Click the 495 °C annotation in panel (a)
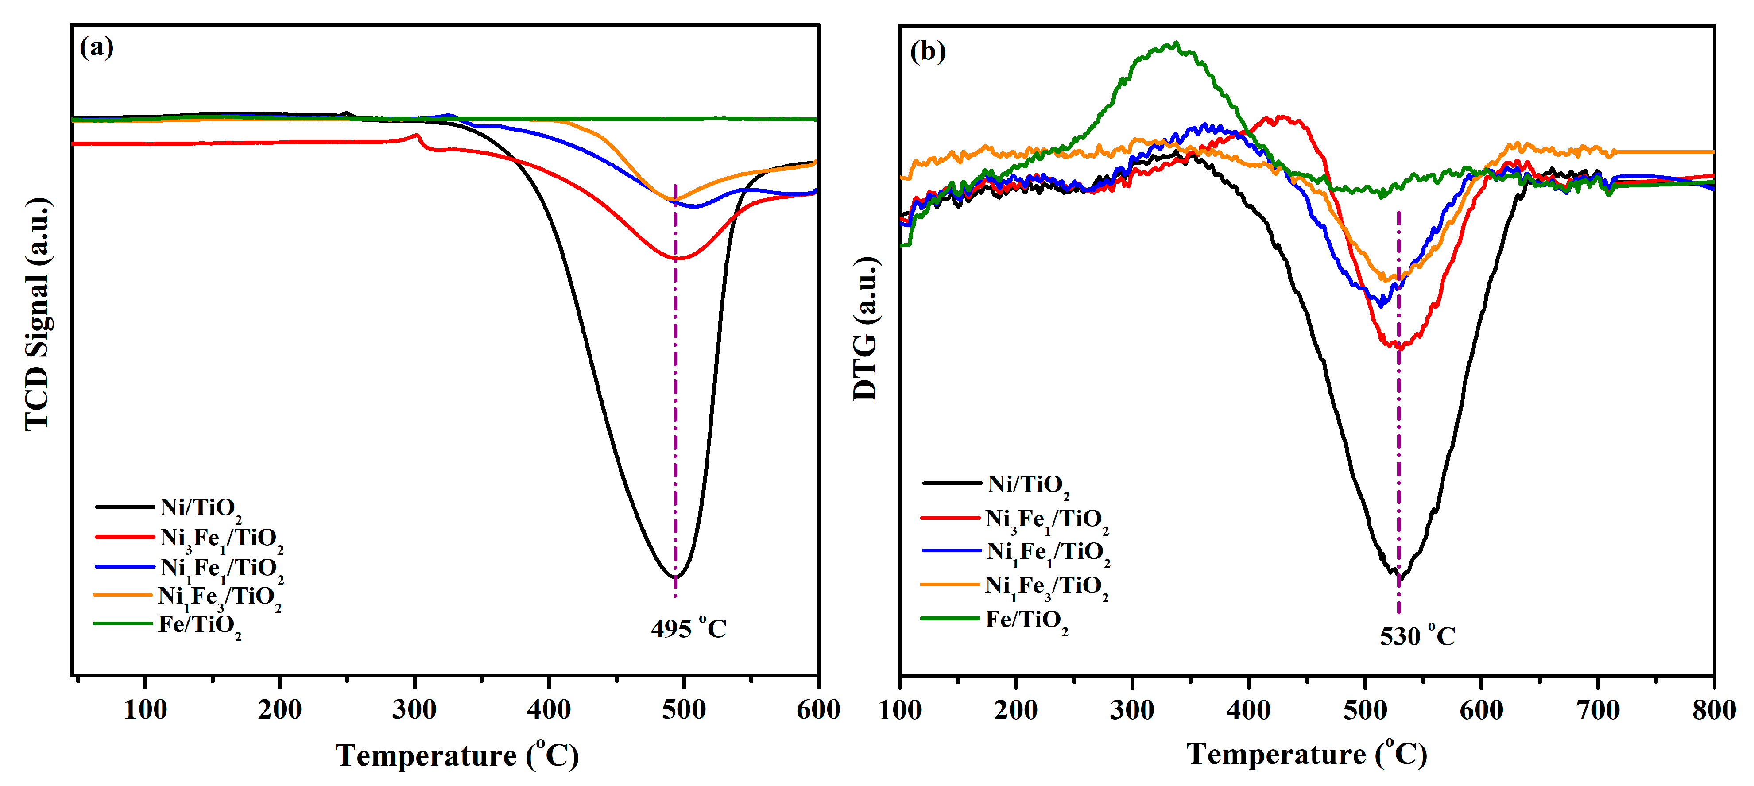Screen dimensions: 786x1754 pos(689,628)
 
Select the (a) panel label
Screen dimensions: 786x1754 pos(97,48)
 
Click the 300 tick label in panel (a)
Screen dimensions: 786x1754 pos(414,710)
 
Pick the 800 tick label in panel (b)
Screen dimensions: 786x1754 pos(1713,710)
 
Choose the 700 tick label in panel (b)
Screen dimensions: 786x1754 pos(1597,710)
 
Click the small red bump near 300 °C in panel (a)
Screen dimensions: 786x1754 pos(417,136)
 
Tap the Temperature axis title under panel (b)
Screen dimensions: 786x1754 pos(1306,754)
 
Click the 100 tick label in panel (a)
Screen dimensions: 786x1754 pos(145,710)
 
